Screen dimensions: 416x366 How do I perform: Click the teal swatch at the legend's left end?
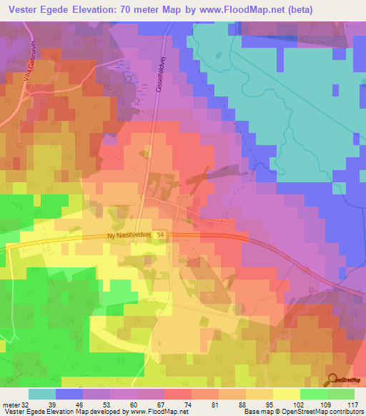[x=42, y=394]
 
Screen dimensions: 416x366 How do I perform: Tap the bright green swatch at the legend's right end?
[x=340, y=394]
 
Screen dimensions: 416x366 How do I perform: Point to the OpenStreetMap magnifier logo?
[x=333, y=380]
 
